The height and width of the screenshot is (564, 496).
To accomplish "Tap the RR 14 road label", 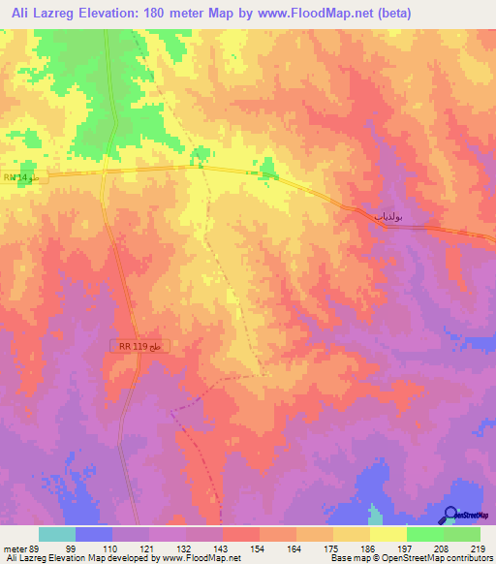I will [18, 177].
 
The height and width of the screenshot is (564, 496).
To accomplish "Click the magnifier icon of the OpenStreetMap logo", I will [449, 514].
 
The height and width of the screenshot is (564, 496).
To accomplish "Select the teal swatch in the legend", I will [57, 534].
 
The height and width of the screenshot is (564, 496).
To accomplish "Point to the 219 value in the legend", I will [478, 548].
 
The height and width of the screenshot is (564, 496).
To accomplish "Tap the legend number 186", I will [367, 548].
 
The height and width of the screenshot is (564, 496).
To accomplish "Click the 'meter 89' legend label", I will [20, 548].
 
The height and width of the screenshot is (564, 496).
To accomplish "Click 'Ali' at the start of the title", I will [20, 13].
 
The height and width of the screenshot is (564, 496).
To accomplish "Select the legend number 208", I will [441, 548].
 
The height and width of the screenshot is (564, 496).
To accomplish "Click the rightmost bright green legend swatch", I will [462, 534].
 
